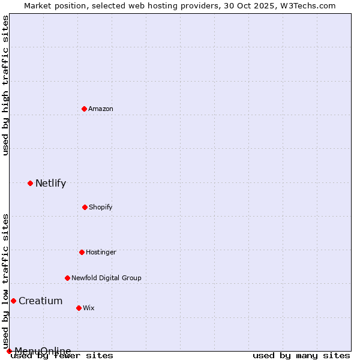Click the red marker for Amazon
(x=84, y=109)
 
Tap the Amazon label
(x=101, y=109)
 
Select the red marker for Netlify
(x=30, y=183)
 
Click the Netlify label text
(x=50, y=183)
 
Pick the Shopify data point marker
(x=85, y=207)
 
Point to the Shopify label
(x=100, y=207)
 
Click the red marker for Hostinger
(x=82, y=252)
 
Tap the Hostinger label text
(x=101, y=252)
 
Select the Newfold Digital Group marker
(x=67, y=278)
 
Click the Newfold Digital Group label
(x=106, y=278)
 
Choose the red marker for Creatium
(x=13, y=301)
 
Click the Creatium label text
(x=40, y=301)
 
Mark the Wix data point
(x=79, y=308)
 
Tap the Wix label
(x=89, y=308)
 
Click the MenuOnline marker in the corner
(x=9, y=351)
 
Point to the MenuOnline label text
(x=43, y=351)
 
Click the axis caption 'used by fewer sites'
(x=62, y=355)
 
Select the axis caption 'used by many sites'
(x=301, y=355)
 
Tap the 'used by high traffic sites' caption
(x=5, y=85)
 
